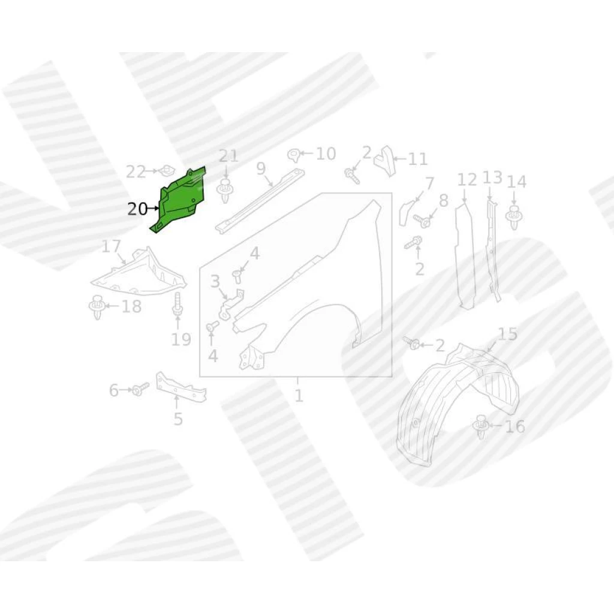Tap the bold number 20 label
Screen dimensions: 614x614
(137, 209)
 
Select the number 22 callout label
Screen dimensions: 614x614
(136, 172)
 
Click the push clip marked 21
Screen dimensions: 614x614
(225, 190)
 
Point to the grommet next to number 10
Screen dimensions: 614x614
(294, 155)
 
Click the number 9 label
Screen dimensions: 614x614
(261, 168)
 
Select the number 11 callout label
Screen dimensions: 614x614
(417, 159)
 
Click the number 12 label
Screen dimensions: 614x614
(466, 180)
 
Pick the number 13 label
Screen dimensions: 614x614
(492, 177)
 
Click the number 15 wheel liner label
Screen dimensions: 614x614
(507, 334)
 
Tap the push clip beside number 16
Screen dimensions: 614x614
(481, 426)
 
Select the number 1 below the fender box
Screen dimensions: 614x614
(299, 396)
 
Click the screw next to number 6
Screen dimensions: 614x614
(140, 390)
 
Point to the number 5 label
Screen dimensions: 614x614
(178, 419)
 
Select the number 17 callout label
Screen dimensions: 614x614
(111, 247)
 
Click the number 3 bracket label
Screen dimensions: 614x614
(215, 281)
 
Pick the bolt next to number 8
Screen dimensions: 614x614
(422, 221)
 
